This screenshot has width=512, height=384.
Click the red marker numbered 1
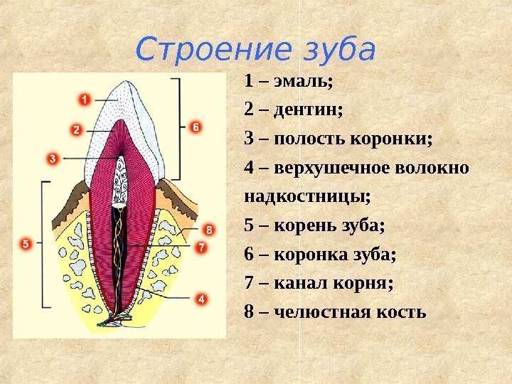pyautogui.click(x=84, y=100)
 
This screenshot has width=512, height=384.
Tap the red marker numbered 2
pyautogui.click(x=76, y=130)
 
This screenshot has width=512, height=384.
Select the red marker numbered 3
pyautogui.click(x=52, y=159)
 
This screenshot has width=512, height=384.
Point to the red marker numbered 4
pyautogui.click(x=201, y=300)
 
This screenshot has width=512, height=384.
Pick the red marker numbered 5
pyautogui.click(x=25, y=244)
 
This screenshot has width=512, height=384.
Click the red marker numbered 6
pyautogui.click(x=196, y=127)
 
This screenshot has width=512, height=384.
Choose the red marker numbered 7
pyautogui.click(x=201, y=247)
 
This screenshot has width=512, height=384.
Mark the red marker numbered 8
pyautogui.click(x=208, y=230)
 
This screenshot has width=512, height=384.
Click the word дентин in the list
pyautogui.click(x=306, y=110)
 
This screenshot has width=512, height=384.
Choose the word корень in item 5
pyautogui.click(x=304, y=226)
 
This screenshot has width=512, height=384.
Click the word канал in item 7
pyautogui.click(x=299, y=284)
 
